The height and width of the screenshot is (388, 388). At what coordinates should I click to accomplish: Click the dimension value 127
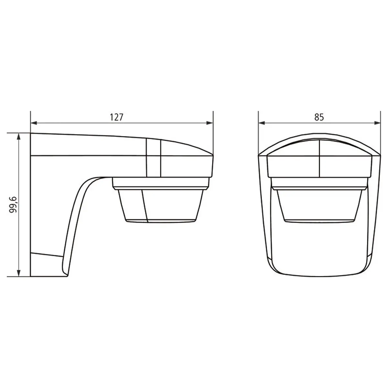pyautogui.click(x=116, y=117)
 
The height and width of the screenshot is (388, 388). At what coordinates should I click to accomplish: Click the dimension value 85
pyautogui.click(x=319, y=117)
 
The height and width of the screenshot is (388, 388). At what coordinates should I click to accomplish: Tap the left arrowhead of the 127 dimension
pyautogui.click(x=34, y=123)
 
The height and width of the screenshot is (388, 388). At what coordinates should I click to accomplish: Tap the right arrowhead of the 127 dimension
pyautogui.click(x=210, y=123)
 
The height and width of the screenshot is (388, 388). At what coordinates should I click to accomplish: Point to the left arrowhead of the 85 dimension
pyautogui.click(x=262, y=123)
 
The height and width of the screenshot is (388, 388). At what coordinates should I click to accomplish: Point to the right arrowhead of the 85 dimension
pyautogui.click(x=377, y=123)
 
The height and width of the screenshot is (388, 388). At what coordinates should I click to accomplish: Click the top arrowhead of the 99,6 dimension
pyautogui.click(x=18, y=137)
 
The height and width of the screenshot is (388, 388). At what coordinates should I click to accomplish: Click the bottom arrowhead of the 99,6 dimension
pyautogui.click(x=18, y=273)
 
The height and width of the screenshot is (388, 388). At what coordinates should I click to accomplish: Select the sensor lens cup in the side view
pyautogui.click(x=160, y=206)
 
